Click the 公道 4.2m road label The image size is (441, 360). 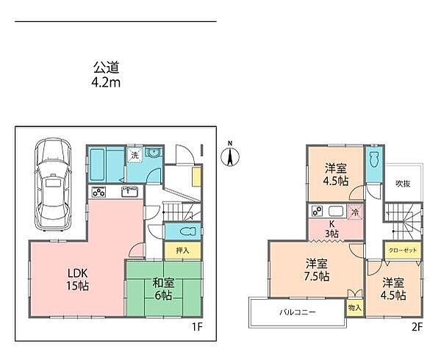[106, 75]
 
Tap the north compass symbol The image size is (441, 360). [230, 156]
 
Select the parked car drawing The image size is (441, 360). [53, 184]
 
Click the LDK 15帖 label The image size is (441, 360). [78, 279]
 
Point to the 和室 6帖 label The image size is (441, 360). [163, 289]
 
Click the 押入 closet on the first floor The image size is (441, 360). [182, 251]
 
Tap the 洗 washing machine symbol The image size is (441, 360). [135, 155]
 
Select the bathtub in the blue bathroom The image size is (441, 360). [98, 165]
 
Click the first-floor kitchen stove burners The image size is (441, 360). [98, 192]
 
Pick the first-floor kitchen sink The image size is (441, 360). [129, 192]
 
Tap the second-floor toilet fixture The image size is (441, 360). [373, 160]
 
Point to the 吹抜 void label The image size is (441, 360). [403, 184]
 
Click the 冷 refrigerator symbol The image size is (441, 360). [355, 212]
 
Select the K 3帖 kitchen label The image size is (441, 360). [332, 228]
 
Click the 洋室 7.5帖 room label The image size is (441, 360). [317, 270]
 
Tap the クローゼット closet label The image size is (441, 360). [403, 250]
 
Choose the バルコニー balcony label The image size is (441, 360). [298, 312]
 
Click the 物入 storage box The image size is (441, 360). [355, 308]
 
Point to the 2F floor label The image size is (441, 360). [417, 327]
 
